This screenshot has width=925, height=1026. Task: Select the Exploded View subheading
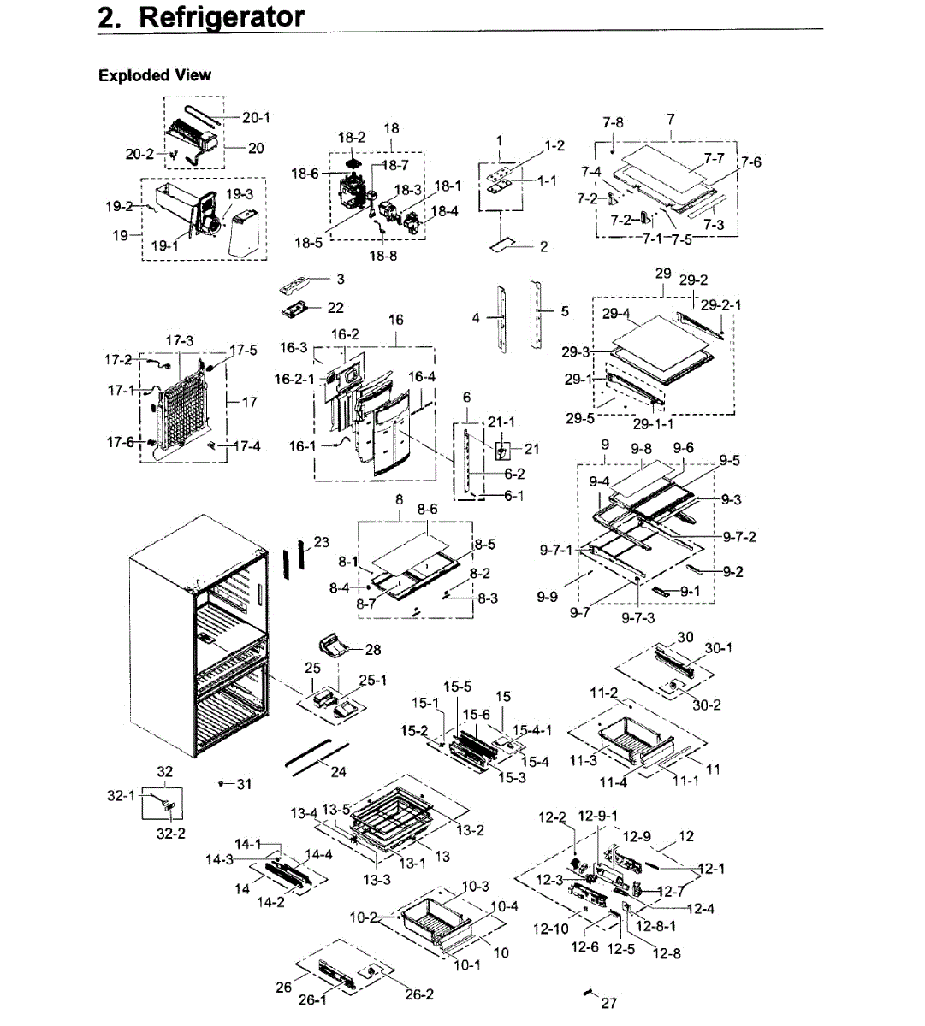click(155, 75)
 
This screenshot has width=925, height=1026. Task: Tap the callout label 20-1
click(256, 117)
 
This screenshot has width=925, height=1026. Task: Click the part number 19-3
click(240, 194)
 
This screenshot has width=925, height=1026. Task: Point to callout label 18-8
click(383, 256)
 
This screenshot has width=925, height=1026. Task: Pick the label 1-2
click(554, 145)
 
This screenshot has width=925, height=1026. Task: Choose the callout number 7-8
click(613, 122)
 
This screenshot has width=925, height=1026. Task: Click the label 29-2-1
click(720, 304)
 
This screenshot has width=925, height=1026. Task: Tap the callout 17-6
click(120, 442)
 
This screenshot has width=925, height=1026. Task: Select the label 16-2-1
click(294, 379)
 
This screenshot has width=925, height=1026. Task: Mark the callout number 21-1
click(501, 422)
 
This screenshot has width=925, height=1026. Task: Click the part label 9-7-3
click(638, 618)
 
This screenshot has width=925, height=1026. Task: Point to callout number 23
click(321, 541)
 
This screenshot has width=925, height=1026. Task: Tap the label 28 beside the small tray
click(373, 650)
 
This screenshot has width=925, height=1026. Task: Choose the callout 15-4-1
click(531, 730)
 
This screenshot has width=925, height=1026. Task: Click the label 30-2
click(706, 705)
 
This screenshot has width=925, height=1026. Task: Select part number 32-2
click(170, 833)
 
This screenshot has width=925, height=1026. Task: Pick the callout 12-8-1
click(655, 925)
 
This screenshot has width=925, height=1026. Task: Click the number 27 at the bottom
click(608, 1003)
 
